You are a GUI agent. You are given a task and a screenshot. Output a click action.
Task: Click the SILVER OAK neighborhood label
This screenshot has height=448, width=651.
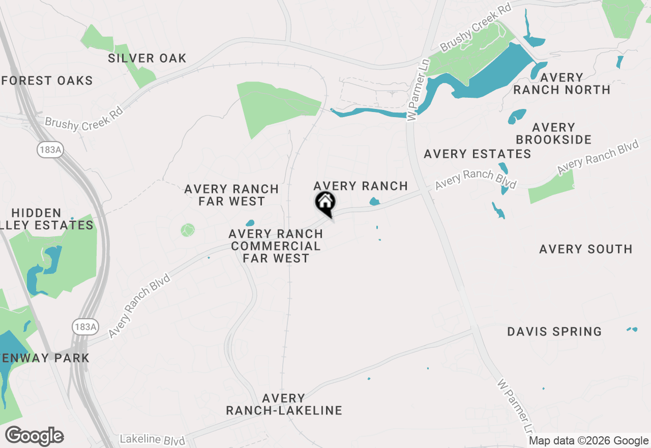click(147, 59)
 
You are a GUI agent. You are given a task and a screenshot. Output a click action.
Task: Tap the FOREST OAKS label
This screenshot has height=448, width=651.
click(47, 80)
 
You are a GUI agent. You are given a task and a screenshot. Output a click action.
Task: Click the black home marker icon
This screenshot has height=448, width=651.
click(325, 203)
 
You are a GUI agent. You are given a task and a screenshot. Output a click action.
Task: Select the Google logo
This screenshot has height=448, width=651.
click(35, 436)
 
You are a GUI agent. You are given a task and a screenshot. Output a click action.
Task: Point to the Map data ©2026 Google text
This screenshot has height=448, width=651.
click(588, 441)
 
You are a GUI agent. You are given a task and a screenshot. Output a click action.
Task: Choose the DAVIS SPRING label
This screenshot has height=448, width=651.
click(554, 332)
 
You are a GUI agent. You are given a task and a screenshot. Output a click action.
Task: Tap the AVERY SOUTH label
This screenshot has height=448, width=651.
click(585, 249)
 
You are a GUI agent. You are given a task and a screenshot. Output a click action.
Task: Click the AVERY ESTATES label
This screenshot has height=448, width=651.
click(477, 154)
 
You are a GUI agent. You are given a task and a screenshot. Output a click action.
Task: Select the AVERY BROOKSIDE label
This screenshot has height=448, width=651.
click(553, 133)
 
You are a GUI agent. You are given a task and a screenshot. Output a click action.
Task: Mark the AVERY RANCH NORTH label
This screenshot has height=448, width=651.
click(561, 83)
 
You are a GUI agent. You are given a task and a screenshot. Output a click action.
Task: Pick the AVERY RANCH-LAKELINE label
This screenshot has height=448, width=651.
click(284, 404)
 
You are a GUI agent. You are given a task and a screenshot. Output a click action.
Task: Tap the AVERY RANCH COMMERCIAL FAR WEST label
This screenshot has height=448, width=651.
click(276, 246)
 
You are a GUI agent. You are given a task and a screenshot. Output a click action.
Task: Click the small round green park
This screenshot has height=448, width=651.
click(188, 230)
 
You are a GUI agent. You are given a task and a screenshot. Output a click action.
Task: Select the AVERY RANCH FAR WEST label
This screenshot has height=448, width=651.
click(231, 195)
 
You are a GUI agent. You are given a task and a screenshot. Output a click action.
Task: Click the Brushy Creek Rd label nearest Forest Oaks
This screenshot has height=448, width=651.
click(84, 118)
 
